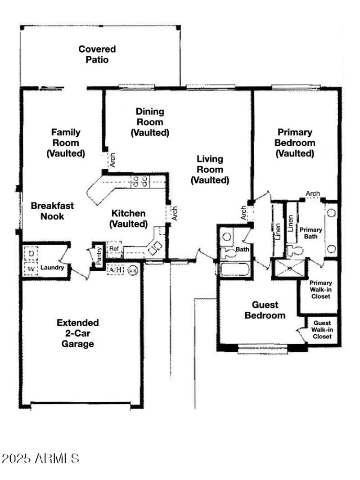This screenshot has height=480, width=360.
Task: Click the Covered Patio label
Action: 97,54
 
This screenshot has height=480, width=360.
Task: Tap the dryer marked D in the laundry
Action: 31,253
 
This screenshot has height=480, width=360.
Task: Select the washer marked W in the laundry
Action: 31,269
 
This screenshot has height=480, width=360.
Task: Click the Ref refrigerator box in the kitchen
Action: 114,249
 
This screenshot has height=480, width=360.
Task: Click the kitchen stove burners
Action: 140,181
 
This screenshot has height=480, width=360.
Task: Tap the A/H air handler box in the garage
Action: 116,270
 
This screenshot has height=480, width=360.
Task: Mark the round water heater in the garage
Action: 133,270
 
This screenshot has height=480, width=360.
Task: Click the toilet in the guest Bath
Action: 229,252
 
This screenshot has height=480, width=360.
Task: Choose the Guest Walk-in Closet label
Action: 322,330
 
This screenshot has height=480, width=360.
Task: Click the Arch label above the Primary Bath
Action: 313,194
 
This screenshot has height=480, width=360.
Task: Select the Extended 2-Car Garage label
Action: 78,333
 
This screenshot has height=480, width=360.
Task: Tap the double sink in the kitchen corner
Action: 155,247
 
